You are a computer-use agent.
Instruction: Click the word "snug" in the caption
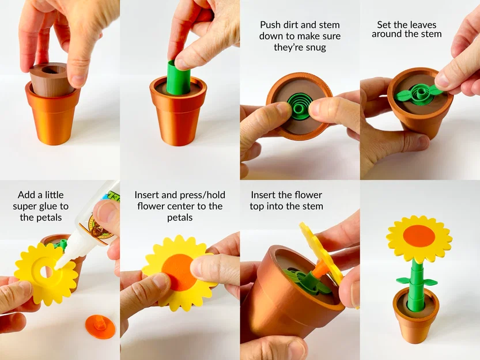tap(315, 48)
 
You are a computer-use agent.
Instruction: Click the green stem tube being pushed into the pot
tap(179, 77)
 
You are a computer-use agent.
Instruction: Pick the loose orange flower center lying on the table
tap(100, 327)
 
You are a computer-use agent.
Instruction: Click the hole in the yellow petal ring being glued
tap(46, 271)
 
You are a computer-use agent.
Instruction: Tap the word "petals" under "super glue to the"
tap(41, 218)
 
